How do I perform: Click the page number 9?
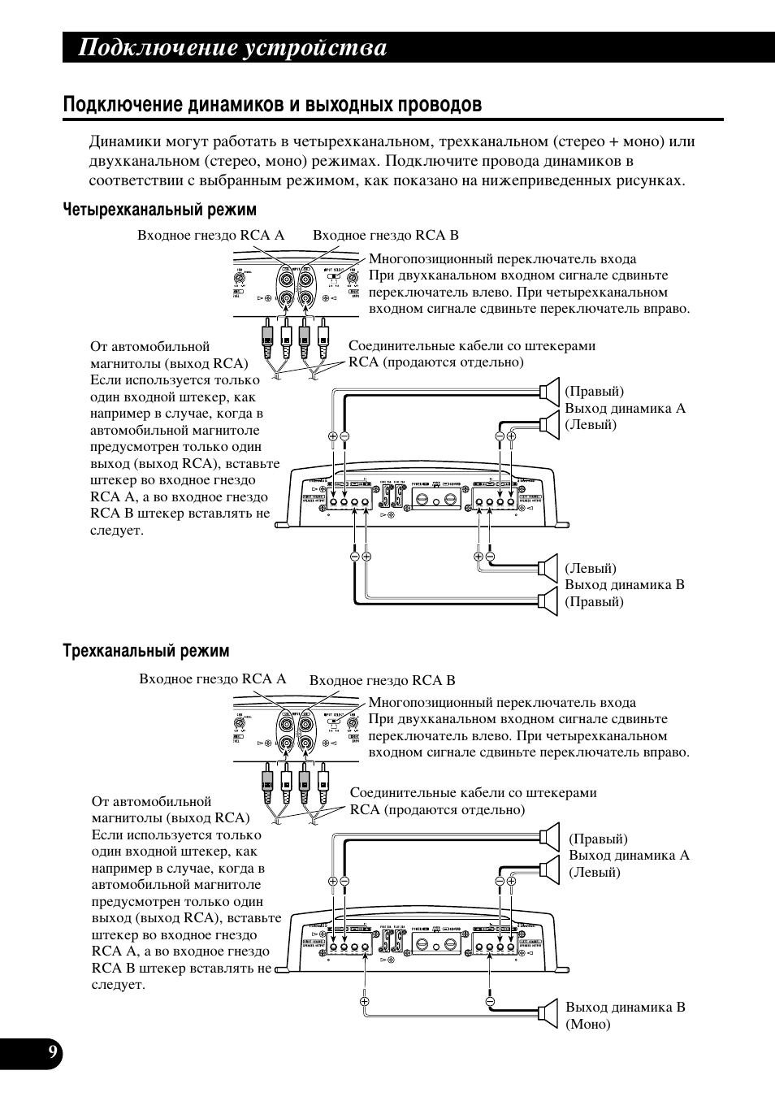[53, 1053]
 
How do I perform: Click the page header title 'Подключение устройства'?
[232, 48]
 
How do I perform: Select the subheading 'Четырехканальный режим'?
[160, 210]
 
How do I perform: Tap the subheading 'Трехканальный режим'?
[146, 651]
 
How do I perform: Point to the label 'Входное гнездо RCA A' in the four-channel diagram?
[211, 235]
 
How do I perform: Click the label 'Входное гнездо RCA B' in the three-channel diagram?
[382, 680]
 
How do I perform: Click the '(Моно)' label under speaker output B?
[588, 1024]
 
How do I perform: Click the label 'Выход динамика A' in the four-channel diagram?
[626, 408]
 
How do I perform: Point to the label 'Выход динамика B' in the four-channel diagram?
[625, 584]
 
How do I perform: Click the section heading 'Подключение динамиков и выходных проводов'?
[272, 105]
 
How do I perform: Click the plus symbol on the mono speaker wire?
[365, 1001]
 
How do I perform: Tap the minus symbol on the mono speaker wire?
[491, 1001]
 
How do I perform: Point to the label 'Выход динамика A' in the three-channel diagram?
[629, 855]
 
